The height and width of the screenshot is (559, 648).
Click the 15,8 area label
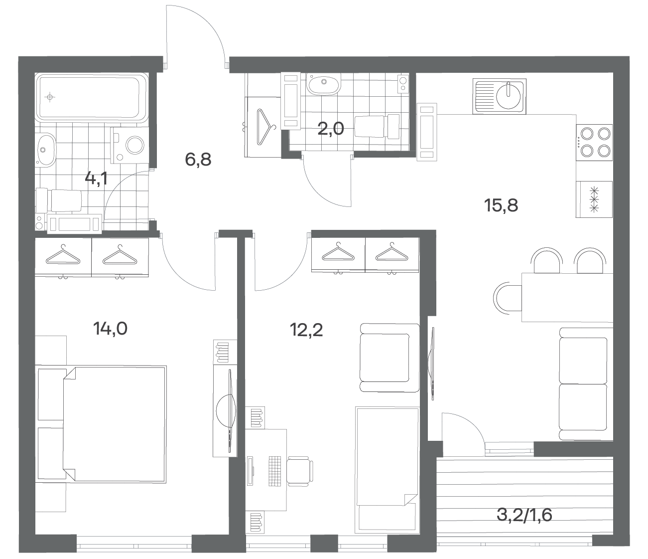[x=501, y=205]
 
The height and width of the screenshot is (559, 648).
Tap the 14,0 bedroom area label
[x=110, y=329]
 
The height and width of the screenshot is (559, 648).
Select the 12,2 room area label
[x=306, y=330]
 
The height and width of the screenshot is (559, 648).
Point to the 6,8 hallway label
[x=198, y=160]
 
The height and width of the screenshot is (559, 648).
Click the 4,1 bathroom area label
[x=96, y=179]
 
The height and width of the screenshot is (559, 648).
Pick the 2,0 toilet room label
[x=331, y=129]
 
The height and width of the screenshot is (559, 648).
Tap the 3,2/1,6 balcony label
[x=524, y=515]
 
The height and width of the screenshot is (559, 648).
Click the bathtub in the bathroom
[x=92, y=97]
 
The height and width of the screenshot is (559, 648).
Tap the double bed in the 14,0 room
[x=114, y=424]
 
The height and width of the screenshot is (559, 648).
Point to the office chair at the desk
[x=300, y=471]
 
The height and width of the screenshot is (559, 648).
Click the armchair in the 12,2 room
[x=389, y=358]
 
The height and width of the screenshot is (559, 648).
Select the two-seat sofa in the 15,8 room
[x=586, y=384]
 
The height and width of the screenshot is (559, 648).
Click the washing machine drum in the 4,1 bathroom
[x=135, y=145]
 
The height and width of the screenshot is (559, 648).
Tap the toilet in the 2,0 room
[x=377, y=126]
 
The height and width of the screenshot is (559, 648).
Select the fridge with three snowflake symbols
[x=594, y=199]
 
